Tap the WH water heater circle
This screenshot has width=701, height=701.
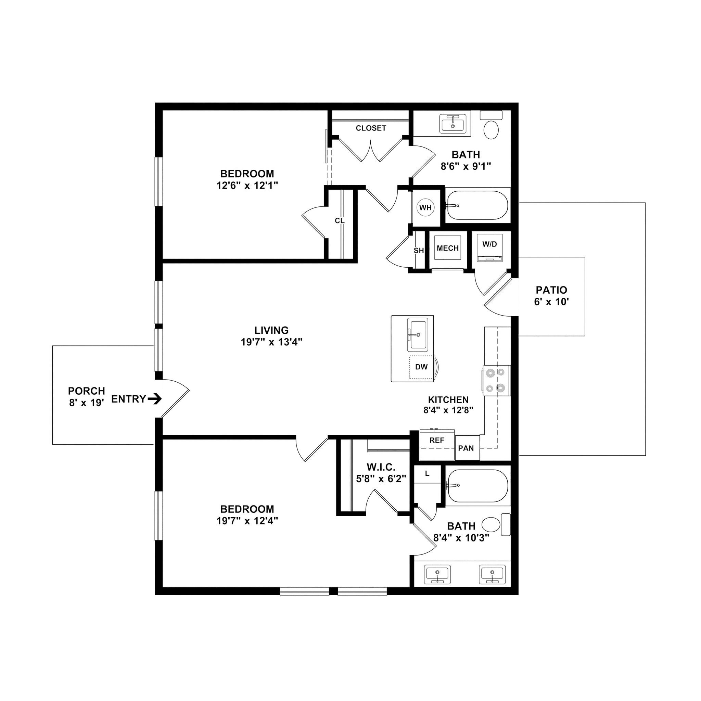[425, 207]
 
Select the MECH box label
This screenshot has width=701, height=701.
[448, 248]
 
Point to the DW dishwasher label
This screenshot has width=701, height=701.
[421, 367]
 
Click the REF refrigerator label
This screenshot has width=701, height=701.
[437, 441]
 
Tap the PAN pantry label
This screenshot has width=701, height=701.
[466, 448]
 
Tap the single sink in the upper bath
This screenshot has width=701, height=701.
[453, 124]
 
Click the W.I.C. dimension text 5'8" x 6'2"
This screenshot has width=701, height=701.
[381, 479]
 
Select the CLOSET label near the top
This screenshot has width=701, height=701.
[371, 128]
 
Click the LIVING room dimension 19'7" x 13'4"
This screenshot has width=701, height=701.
[271, 342]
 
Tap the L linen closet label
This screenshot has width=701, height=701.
[427, 473]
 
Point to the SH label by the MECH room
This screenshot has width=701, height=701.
[419, 250]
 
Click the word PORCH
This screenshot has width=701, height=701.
[86, 391]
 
